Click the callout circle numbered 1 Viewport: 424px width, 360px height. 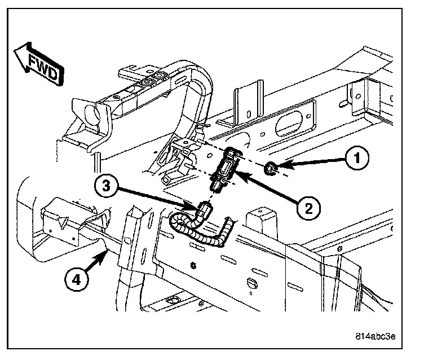coord(357,159)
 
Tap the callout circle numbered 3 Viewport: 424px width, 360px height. coord(106,186)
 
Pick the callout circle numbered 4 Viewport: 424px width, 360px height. coord(77,280)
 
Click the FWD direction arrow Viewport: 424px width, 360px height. coord(39,64)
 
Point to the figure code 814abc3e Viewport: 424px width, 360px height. coord(376,336)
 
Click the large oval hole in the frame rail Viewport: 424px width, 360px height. coord(289,123)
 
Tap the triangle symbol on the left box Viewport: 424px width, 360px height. coord(63,222)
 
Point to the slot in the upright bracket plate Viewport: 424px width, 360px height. coord(249,114)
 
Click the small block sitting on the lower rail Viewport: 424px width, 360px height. coord(262,221)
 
